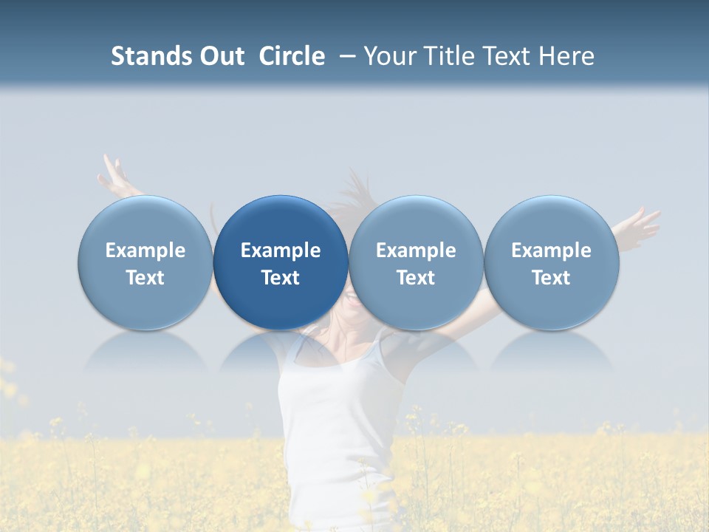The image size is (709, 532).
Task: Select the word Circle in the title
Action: coord(292,56)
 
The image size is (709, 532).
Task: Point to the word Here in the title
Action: coord(567,56)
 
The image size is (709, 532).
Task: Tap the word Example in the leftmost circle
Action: coord(145,250)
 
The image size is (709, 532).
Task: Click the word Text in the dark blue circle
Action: coord(281,278)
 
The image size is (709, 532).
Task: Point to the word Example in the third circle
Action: coord(416,250)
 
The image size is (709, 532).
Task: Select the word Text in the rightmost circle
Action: coord(552,278)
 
